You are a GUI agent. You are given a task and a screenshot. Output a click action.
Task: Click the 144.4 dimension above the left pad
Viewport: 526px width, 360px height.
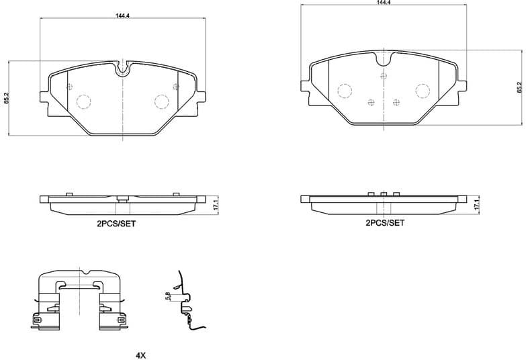(122, 13)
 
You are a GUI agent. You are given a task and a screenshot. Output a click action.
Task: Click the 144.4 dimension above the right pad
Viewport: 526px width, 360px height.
(384, 3)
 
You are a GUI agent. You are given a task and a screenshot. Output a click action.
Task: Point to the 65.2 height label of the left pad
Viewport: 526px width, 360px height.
(6, 97)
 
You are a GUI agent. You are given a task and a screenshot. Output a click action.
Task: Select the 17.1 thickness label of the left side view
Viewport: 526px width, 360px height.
(215, 204)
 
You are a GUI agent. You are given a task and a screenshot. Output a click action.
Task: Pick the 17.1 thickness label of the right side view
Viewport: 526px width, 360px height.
(476, 204)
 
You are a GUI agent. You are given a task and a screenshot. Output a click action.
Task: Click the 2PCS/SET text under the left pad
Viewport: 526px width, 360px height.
(116, 224)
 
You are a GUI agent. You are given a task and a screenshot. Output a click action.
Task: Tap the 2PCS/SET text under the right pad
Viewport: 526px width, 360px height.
(384, 222)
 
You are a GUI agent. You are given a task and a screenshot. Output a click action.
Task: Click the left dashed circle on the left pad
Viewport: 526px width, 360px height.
(83, 101)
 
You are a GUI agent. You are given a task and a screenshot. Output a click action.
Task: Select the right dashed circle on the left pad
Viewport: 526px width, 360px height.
(161, 101)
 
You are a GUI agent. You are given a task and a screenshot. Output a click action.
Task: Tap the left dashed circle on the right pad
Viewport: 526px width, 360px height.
(345, 91)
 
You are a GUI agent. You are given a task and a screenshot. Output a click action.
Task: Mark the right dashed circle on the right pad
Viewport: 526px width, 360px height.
(423, 91)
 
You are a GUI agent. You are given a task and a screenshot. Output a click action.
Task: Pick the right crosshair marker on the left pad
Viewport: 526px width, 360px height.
(175, 86)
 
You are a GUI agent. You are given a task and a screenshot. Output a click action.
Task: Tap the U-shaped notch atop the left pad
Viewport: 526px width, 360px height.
(122, 69)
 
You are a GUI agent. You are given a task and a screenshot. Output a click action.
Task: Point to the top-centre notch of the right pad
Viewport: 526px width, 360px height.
(384, 60)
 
